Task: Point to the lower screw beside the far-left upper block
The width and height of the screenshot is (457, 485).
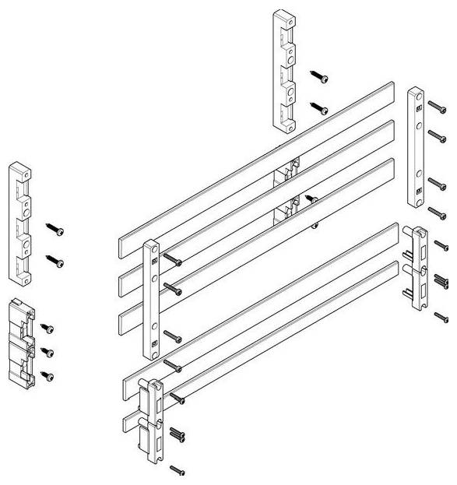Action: tap(55, 261)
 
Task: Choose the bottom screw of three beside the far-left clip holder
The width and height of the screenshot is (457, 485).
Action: tap(47, 376)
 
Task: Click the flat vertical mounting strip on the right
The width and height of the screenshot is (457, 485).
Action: tap(416, 147)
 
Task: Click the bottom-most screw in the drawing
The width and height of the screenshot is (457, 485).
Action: tap(177, 469)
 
